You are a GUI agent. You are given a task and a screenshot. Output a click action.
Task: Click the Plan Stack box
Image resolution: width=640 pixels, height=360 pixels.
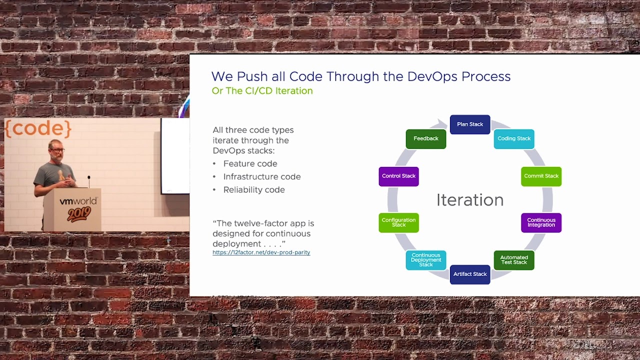coord(470,124)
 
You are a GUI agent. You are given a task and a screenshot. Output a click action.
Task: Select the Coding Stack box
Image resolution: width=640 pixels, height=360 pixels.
coord(514,138)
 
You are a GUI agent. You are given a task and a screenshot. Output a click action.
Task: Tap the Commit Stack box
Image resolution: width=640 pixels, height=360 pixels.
coord(541,176)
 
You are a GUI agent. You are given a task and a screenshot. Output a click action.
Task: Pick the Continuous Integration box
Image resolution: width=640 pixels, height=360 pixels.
coord(541,222)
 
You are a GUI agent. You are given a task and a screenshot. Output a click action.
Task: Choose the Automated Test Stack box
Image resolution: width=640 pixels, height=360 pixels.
coord(514,260)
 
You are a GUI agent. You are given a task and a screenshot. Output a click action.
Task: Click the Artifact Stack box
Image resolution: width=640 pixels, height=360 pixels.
coord(470,274)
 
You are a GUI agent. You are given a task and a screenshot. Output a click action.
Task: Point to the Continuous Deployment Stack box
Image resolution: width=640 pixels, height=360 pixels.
coord(425,260)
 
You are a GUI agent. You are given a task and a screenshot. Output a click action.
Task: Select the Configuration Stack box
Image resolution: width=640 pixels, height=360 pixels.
coord(398,222)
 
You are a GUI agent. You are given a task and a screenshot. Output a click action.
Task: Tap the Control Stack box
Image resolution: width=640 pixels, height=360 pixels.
coord(398,176)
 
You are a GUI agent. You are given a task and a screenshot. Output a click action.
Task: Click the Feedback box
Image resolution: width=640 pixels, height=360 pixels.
coord(425,138)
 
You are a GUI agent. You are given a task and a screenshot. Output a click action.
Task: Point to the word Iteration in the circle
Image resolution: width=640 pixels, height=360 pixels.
coord(470,199)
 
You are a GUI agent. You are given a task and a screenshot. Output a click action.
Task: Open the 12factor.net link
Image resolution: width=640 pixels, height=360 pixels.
coord(261,252)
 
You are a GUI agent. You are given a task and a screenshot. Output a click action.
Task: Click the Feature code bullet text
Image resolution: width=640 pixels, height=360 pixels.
coord(250,163)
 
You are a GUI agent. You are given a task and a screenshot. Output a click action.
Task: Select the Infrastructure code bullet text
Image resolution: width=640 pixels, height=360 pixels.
coord(262,177)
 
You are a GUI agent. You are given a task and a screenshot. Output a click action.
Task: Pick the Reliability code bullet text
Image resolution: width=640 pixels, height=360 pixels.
coord(254,189)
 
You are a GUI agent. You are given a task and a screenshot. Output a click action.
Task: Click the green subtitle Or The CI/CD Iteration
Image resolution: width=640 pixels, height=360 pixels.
coord(262,91)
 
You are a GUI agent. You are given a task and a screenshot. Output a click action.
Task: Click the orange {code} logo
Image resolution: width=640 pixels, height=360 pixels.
coord(38,128)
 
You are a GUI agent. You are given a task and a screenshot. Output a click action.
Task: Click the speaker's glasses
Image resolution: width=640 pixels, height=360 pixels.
coord(57,150)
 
